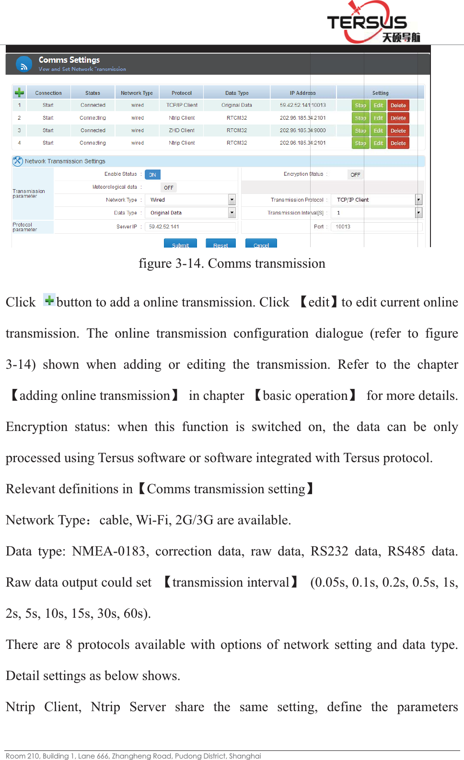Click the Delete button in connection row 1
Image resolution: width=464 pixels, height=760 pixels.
[398, 105]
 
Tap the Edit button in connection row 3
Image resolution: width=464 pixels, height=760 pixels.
[378, 130]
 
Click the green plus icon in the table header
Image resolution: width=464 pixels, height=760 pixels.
[19, 92]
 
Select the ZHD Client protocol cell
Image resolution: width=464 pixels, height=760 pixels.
[181, 130]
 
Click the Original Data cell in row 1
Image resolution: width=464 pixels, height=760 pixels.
[236, 105]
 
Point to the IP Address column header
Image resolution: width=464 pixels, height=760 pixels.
[302, 93]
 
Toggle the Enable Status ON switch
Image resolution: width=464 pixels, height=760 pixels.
[152, 175]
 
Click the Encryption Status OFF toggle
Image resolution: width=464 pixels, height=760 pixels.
[355, 175]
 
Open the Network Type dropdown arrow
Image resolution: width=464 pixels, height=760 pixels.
[232, 200]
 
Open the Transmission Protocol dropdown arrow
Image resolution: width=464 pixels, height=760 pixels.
[418, 200]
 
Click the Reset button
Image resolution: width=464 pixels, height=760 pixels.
[220, 244]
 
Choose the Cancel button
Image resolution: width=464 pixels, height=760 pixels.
[261, 244]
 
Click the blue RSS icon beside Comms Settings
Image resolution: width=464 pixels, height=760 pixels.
[24, 64]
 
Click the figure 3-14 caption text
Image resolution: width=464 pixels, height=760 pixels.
[232, 263]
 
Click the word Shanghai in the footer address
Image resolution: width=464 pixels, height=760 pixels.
[245, 756]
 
